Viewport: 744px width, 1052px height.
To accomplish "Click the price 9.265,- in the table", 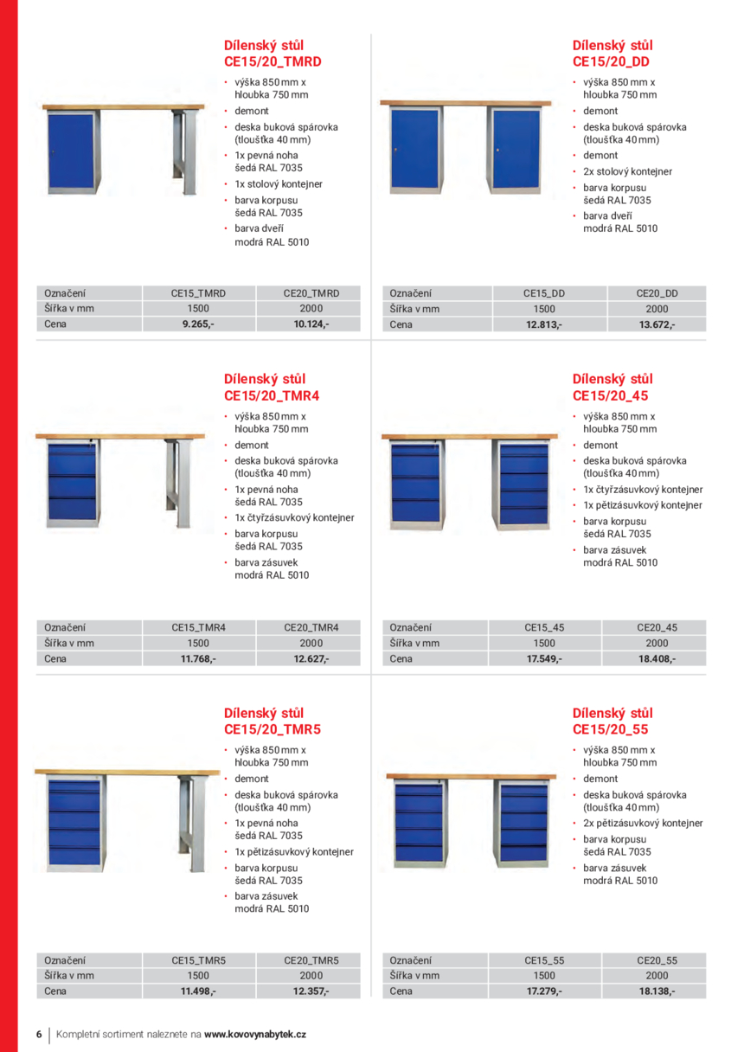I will (198, 324).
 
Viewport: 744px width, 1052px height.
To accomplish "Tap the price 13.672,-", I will (657, 324).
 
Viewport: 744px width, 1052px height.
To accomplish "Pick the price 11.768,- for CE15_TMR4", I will (198, 658).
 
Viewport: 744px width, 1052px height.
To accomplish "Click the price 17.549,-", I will (544, 658).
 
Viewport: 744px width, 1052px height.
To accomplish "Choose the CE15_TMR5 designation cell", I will (198, 960).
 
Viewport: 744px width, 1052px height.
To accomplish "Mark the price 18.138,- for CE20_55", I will (657, 991).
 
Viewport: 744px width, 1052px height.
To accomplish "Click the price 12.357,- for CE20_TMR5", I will (311, 991).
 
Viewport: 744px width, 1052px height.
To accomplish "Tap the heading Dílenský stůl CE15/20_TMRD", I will (273, 53).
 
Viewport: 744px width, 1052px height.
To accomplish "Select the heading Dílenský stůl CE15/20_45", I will (613, 387).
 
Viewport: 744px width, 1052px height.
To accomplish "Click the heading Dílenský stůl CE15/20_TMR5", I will (273, 722).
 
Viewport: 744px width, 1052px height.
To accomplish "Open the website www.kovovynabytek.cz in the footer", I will (255, 1034).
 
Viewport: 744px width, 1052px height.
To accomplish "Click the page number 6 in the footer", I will (39, 1034).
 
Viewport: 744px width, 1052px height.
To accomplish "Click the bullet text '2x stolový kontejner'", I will (627, 171).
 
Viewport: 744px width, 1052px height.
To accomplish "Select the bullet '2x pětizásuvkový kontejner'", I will (643, 824).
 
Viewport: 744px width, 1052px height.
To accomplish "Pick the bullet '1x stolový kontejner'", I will (278, 184).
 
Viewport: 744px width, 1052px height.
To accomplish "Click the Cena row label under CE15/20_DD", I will (401, 324).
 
